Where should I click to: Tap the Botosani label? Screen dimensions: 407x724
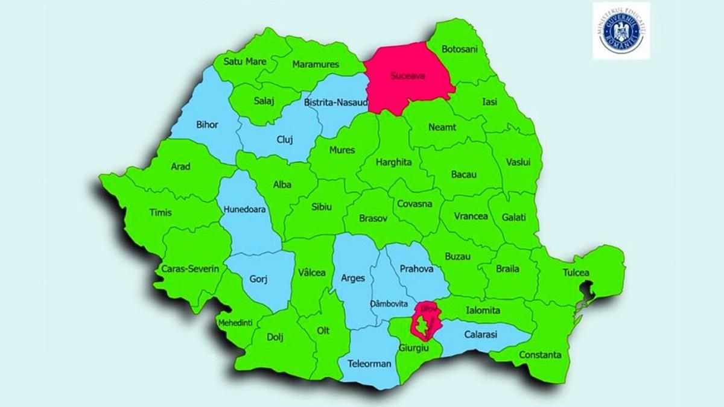(460, 49)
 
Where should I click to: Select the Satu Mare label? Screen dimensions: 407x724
(245, 61)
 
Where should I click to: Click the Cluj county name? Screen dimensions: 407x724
(285, 139)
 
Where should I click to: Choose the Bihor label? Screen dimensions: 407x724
(207, 125)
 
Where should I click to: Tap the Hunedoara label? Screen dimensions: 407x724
(244, 210)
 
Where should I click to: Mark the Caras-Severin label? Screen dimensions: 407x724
(190, 268)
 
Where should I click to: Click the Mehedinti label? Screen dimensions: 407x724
(236, 322)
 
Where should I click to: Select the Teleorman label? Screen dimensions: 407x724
(369, 364)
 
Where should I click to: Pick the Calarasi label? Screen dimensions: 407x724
(481, 334)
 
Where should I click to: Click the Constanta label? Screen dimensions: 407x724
(540, 355)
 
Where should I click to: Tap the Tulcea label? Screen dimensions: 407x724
(576, 273)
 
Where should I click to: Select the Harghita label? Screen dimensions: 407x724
(393, 162)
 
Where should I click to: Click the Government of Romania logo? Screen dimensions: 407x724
(621, 30)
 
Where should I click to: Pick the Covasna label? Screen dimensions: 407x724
(414, 204)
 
